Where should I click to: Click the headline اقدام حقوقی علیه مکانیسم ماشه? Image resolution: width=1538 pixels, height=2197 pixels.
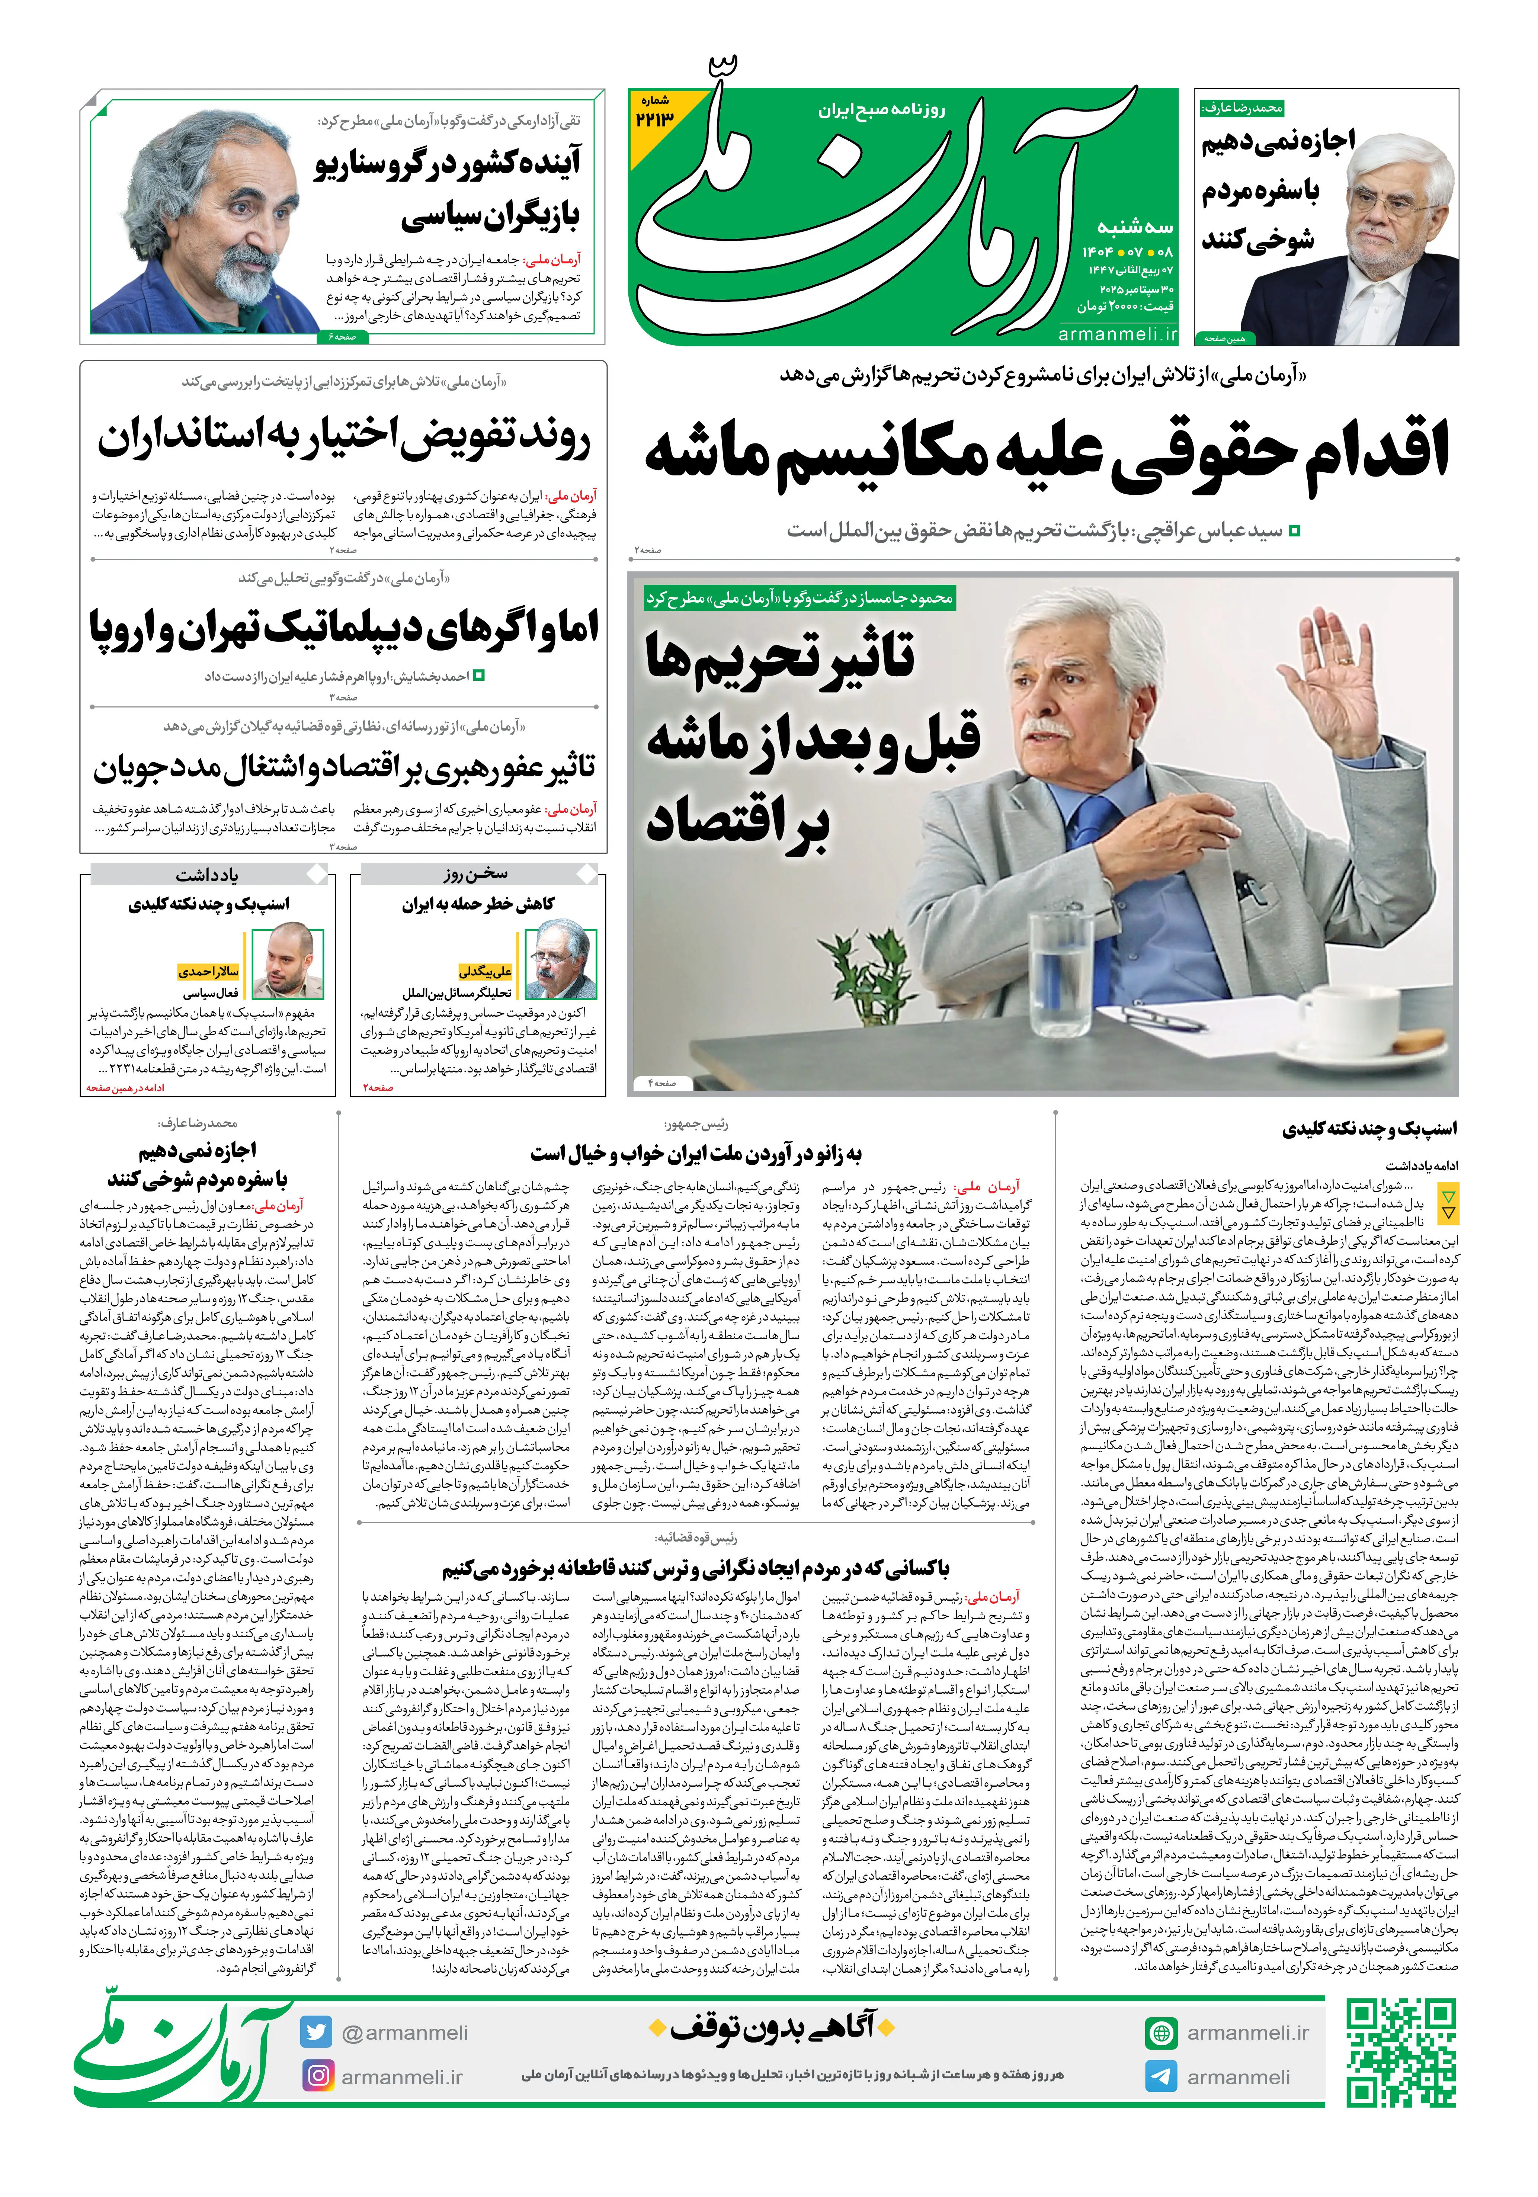click(x=1047, y=453)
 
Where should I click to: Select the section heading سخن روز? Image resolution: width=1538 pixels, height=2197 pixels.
click(x=476, y=874)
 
